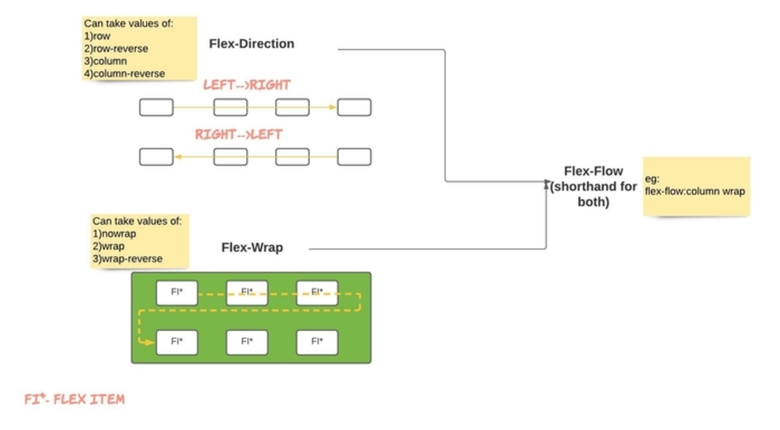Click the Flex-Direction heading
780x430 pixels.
pos(251,44)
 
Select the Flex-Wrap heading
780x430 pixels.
pos(252,248)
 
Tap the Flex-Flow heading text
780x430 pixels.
pos(594,172)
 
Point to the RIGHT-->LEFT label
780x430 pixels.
pos(239,134)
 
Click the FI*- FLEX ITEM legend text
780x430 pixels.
pos(74,400)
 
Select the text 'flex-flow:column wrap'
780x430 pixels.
pos(694,191)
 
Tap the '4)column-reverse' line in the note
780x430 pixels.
pos(124,73)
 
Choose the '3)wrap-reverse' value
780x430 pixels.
pos(128,258)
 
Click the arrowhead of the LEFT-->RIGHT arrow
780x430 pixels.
pos(333,108)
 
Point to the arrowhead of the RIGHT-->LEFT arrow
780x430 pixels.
pos(178,157)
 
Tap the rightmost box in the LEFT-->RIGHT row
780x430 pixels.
pos(354,108)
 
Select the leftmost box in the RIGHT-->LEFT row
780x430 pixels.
pos(156,157)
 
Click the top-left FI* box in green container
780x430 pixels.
pos(176,293)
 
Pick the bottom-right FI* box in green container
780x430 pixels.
pos(317,342)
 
